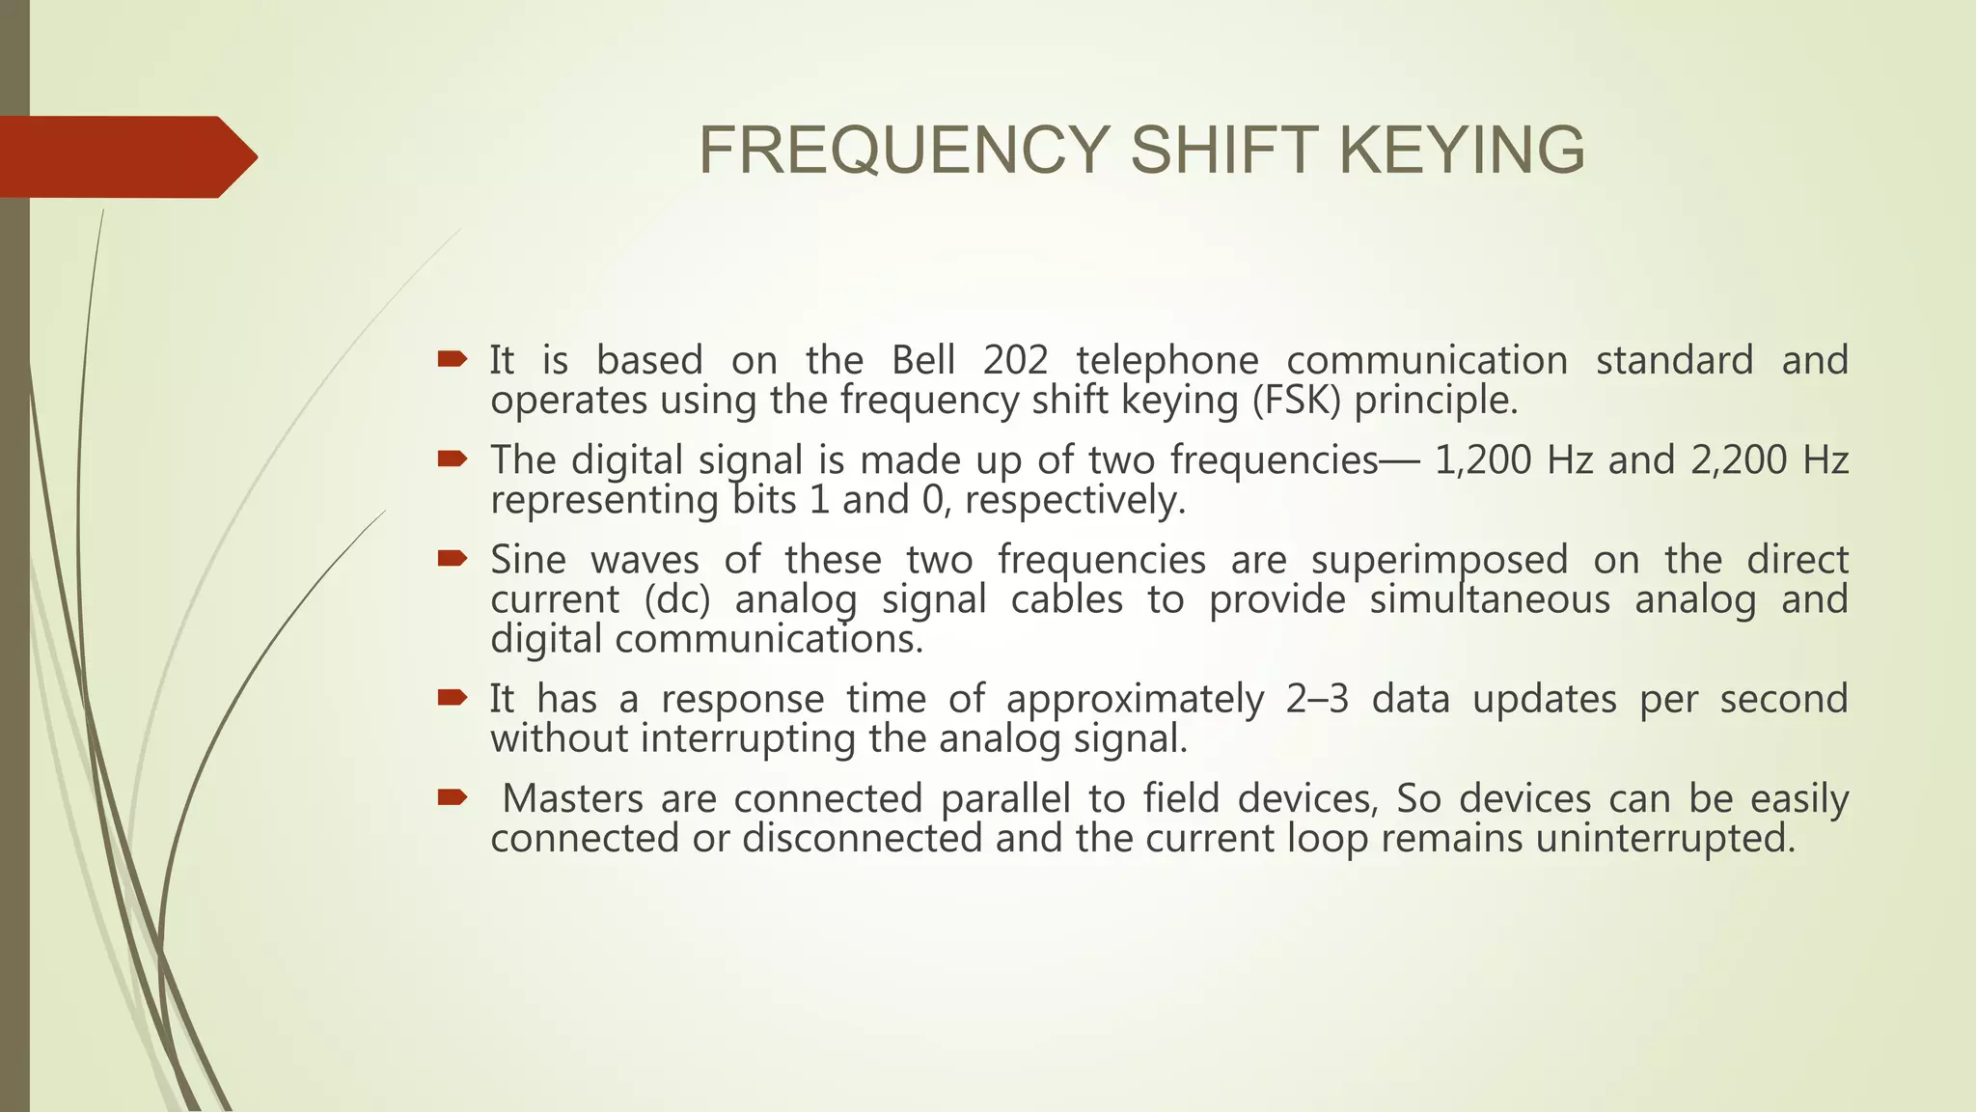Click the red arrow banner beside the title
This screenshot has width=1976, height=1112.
coord(125,156)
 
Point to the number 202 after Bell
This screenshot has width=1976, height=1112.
coord(1015,361)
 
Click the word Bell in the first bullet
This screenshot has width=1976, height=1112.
coord(922,361)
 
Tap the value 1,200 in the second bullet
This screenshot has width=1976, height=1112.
coord(1483,460)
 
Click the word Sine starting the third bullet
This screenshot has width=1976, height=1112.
coord(528,560)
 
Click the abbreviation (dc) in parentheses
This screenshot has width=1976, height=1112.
coord(677,600)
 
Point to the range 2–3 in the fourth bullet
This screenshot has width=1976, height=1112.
coord(1317,699)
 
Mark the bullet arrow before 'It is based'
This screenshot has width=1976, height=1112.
coord(452,360)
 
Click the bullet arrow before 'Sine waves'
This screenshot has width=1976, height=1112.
coord(452,559)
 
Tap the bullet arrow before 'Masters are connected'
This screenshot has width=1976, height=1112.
coord(452,797)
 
